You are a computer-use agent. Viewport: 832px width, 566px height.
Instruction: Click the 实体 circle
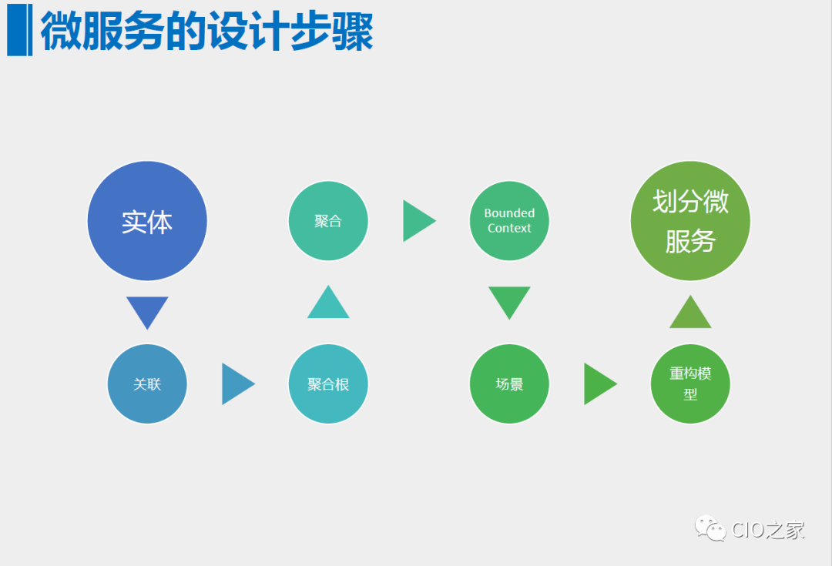tap(147, 221)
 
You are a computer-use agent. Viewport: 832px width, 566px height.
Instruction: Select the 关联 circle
tap(147, 383)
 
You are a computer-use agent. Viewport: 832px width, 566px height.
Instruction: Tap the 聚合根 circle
tap(328, 383)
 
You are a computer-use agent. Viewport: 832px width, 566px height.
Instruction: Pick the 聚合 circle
tap(328, 221)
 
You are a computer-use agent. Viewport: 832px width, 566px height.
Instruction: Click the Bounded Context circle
tap(509, 221)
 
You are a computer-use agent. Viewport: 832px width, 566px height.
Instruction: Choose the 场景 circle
tap(509, 383)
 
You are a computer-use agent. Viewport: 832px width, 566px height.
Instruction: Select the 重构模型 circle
tap(690, 383)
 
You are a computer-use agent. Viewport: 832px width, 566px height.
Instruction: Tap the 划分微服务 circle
tap(690, 221)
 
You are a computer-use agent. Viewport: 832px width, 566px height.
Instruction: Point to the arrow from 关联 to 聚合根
tap(237, 383)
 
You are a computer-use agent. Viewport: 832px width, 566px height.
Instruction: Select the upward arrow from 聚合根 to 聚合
tap(328, 303)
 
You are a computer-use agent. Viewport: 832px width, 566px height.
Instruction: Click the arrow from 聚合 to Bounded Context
tap(418, 221)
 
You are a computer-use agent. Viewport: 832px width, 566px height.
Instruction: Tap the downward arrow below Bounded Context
tap(509, 301)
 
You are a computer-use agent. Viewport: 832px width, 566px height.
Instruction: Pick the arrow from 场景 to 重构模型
tap(599, 383)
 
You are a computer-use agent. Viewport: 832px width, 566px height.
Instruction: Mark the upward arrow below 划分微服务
tap(690, 313)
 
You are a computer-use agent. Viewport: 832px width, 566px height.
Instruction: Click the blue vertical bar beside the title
tap(19, 30)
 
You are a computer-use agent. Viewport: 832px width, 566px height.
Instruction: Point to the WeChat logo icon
tap(710, 528)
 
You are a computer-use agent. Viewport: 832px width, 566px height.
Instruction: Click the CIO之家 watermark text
tap(768, 530)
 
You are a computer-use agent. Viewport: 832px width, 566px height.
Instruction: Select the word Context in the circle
tap(509, 228)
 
